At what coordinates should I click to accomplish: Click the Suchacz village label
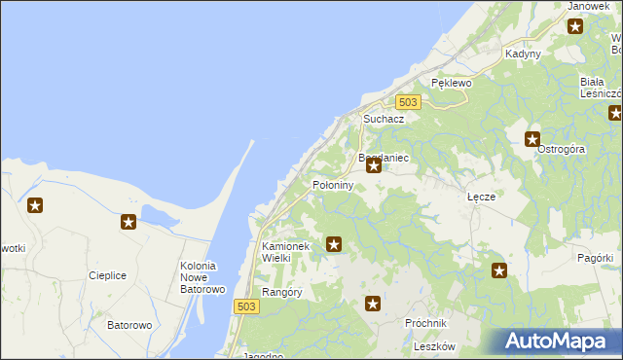(384, 119)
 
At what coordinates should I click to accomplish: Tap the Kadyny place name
(523, 54)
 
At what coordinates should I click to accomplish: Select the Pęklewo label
(451, 84)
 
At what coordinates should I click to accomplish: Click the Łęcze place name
(481, 197)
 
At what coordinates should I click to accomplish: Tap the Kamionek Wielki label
(285, 252)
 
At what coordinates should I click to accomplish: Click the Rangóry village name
(282, 292)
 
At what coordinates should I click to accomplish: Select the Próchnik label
(425, 323)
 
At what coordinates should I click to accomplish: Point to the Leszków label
(434, 346)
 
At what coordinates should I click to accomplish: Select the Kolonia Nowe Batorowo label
(202, 277)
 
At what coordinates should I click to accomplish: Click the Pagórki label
(595, 258)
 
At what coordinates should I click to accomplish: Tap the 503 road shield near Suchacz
(409, 102)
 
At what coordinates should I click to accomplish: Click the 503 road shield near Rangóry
(246, 306)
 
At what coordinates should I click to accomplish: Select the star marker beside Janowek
(575, 26)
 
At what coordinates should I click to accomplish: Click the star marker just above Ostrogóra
(532, 139)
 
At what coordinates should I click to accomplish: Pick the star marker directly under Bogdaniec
(373, 167)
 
